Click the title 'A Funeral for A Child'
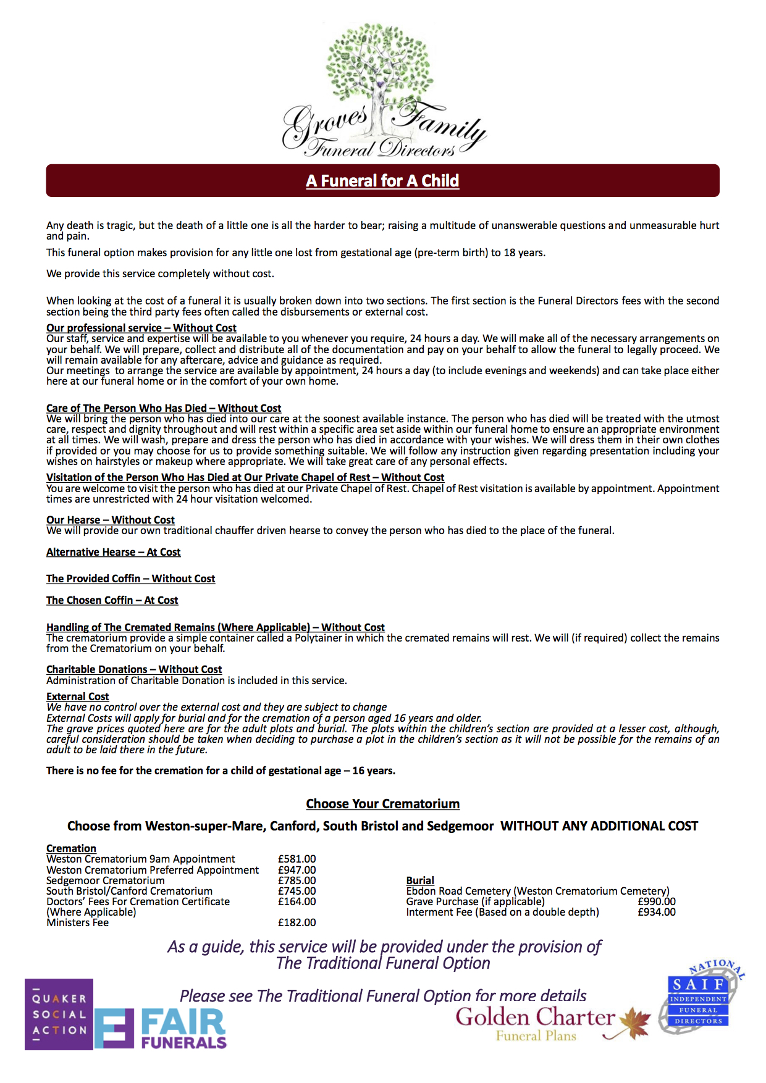(x=382, y=181)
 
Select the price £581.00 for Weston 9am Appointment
(x=297, y=859)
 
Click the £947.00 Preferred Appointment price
(x=297, y=870)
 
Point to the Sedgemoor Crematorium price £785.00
(x=297, y=880)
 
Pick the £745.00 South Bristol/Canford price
(x=297, y=891)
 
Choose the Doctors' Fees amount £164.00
(x=297, y=901)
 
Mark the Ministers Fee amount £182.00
(x=297, y=922)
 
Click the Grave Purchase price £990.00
(x=657, y=901)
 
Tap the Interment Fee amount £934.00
(x=657, y=912)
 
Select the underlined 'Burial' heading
(x=420, y=880)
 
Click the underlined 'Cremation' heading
(x=71, y=848)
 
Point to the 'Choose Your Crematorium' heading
(x=382, y=804)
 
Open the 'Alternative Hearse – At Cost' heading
(x=113, y=552)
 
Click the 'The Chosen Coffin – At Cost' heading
(x=112, y=600)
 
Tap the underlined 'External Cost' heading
(x=77, y=696)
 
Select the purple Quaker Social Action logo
(x=59, y=1014)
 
